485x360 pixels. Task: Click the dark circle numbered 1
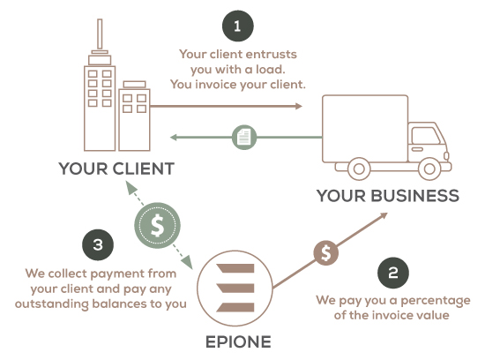238,26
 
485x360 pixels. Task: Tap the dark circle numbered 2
393,273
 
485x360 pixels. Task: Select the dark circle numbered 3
98,244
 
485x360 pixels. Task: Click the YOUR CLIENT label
116,169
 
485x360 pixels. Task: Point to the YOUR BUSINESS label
388,196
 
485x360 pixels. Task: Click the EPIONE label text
238,342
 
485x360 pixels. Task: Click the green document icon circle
244,137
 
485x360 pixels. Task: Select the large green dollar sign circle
157,225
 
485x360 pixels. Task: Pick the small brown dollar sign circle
326,252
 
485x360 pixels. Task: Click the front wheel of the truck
429,169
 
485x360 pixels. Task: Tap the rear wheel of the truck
359,169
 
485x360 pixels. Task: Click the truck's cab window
426,136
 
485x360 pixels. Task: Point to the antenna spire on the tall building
100,34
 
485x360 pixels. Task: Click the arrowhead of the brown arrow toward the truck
298,106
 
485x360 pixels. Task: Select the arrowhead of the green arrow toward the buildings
174,137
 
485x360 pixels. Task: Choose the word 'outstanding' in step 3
52,304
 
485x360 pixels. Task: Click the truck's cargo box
365,129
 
